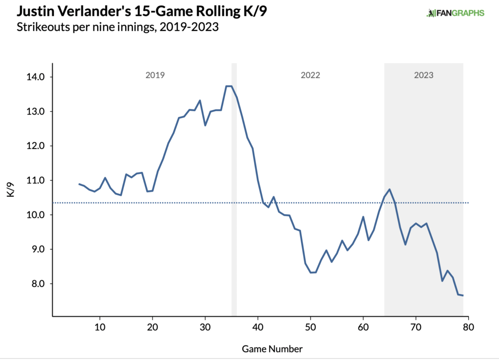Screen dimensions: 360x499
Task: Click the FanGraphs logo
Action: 455,13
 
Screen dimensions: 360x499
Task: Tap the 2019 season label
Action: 155,76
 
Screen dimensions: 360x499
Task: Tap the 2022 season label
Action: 310,76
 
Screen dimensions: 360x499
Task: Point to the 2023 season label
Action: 423,76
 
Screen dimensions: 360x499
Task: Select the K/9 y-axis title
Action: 10,188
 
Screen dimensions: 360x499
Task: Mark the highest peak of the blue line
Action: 229,86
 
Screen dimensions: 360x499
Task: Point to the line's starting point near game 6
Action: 79,184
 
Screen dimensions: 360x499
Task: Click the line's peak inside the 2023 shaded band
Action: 389,189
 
